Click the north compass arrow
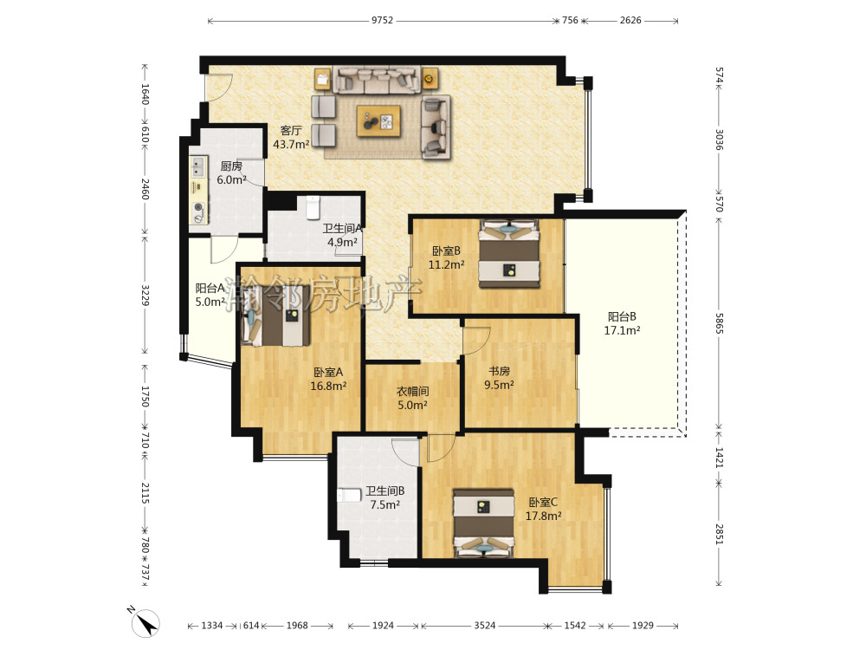click(145, 623)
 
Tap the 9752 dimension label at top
click(382, 21)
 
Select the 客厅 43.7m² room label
click(291, 138)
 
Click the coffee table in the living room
click(378, 120)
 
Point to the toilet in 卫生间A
click(313, 207)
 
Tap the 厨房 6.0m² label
click(231, 173)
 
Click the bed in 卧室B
click(508, 254)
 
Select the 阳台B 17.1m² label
click(622, 323)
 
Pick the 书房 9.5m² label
click(500, 378)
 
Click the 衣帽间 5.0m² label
click(412, 398)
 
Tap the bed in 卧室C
click(484, 523)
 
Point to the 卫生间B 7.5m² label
click(385, 497)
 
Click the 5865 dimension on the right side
click(719, 323)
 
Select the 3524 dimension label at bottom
click(484, 626)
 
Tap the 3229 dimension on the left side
click(145, 296)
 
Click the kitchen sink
click(197, 166)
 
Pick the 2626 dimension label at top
click(630, 21)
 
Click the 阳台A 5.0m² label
click(210, 296)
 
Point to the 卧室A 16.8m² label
click(328, 380)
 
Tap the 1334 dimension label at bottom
click(211, 626)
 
